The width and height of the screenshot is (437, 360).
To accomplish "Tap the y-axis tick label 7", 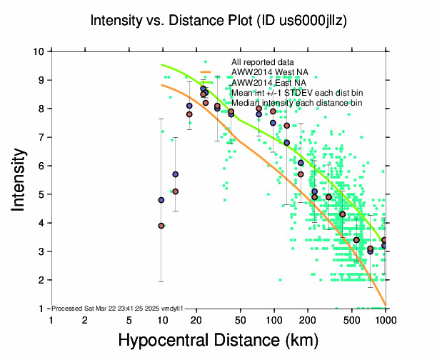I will point(44,137).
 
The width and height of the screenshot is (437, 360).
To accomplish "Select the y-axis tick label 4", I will point(44,223).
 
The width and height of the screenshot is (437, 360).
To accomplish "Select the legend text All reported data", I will point(263,62).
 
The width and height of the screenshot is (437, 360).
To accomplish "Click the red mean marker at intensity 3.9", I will point(161,226).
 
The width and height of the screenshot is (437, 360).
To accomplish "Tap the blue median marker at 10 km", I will point(161,200).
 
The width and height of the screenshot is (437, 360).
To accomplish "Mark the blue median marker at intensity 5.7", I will point(175,174).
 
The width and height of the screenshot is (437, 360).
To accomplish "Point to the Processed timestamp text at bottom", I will point(118,307).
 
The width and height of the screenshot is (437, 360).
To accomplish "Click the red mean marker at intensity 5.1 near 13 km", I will point(175,191).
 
